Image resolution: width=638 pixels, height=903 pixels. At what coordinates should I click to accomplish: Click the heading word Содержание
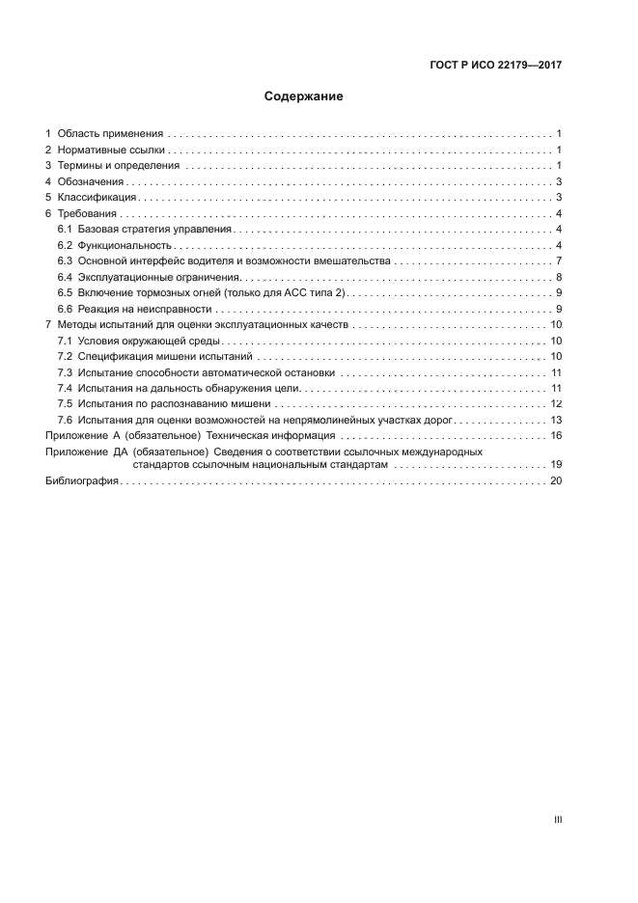[304, 96]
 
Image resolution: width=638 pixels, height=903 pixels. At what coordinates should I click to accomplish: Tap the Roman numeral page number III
[558, 819]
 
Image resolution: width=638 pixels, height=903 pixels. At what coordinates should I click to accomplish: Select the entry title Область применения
[110, 133]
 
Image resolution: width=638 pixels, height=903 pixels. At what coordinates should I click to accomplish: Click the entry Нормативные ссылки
[112, 150]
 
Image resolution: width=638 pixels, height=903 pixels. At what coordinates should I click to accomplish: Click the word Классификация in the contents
[95, 197]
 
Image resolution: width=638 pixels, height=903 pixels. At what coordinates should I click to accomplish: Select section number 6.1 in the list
[65, 229]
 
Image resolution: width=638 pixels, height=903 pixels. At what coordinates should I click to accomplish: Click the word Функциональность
[125, 245]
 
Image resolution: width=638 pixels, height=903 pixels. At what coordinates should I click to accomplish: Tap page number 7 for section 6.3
[559, 260]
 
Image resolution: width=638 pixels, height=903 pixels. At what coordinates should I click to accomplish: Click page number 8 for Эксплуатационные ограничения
[559, 277]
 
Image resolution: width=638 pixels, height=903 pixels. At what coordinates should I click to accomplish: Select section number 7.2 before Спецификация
[65, 357]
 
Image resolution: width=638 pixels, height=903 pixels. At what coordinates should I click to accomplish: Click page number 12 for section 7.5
[556, 404]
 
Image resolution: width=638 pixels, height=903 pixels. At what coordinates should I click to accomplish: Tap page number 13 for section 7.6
[556, 420]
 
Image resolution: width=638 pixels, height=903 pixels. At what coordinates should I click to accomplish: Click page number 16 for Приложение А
[556, 436]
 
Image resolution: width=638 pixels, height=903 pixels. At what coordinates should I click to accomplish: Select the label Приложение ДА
[87, 451]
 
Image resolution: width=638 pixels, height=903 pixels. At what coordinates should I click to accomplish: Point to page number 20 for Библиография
[556, 480]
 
